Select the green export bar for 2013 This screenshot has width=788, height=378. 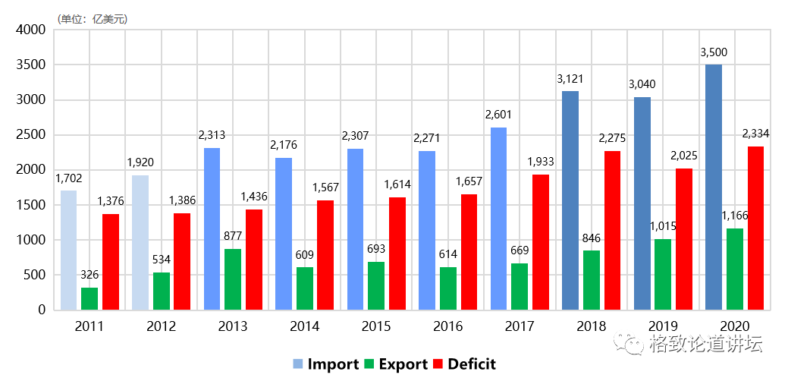[233, 279]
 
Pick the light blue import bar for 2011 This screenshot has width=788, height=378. [69, 250]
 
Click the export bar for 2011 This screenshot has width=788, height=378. [89, 298]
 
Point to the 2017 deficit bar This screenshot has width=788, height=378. [540, 242]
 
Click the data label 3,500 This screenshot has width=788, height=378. [714, 53]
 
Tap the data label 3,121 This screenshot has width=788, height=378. [570, 79]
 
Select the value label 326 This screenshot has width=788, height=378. [89, 275]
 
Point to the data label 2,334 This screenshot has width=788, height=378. [755, 134]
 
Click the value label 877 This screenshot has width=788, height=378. [233, 236]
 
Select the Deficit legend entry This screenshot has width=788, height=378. [463, 364]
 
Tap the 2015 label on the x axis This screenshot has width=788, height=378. [376, 326]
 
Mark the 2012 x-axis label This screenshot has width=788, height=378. [161, 326]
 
